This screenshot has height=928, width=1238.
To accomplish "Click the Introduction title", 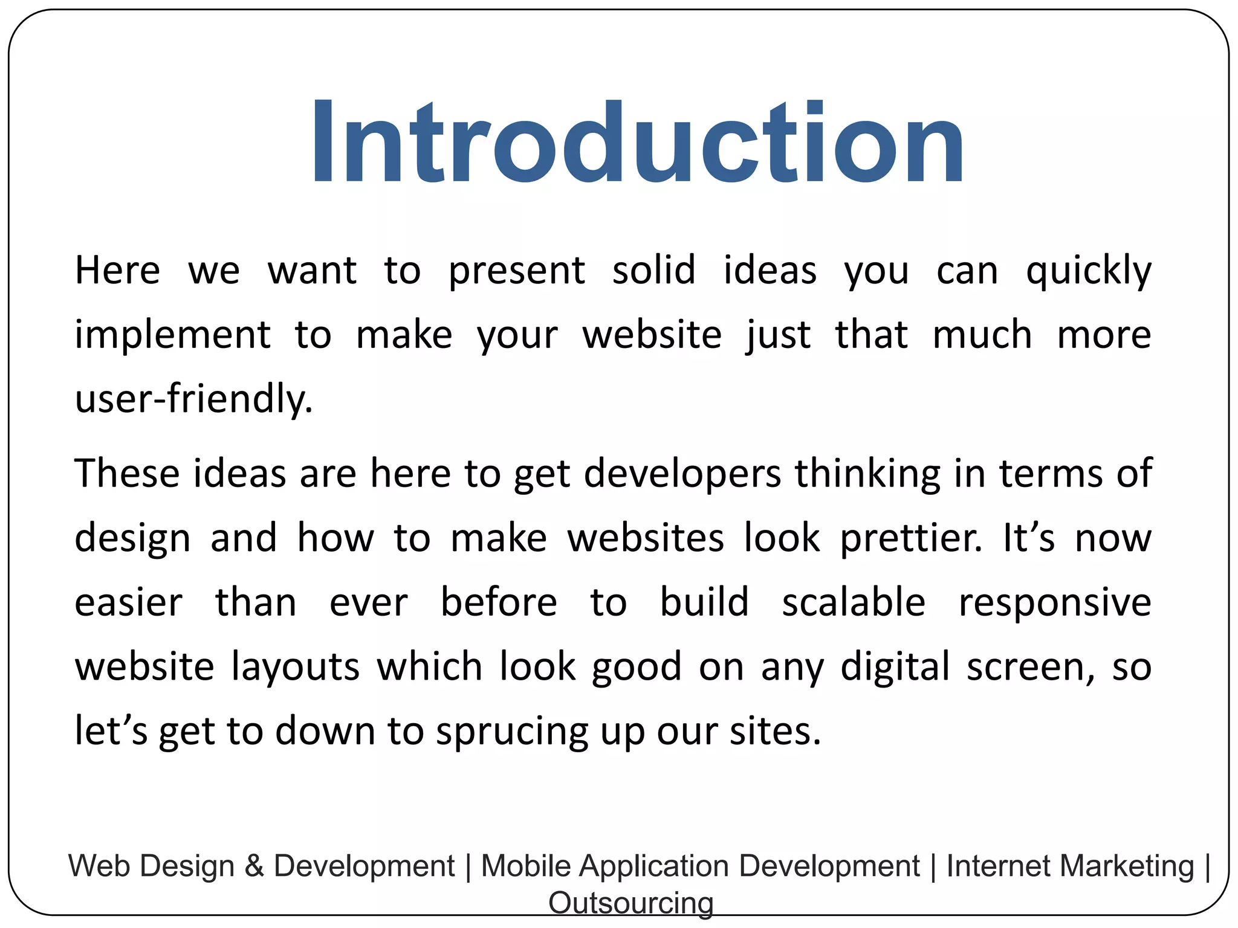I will (x=637, y=142).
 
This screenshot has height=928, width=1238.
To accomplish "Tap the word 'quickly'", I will (x=1089, y=271).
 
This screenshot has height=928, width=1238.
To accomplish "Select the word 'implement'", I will (x=172, y=335).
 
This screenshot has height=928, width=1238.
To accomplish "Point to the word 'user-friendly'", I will (x=193, y=399).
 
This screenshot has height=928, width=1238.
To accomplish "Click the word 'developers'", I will (x=682, y=474).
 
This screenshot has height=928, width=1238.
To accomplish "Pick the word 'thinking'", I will (x=867, y=474).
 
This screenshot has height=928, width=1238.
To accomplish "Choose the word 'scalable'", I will (x=854, y=602).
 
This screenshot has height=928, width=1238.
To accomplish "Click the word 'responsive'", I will (x=1055, y=604).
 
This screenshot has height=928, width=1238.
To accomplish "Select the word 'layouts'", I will (x=296, y=668).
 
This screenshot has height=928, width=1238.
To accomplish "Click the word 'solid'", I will (x=653, y=270).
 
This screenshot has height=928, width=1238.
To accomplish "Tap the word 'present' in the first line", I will (x=516, y=271).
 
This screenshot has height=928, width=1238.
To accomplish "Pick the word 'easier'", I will (x=128, y=603).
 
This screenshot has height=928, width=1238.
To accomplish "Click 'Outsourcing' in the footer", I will (x=630, y=903).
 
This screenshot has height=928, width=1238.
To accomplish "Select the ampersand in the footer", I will (x=254, y=866).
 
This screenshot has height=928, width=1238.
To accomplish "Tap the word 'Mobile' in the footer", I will (x=526, y=866).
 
